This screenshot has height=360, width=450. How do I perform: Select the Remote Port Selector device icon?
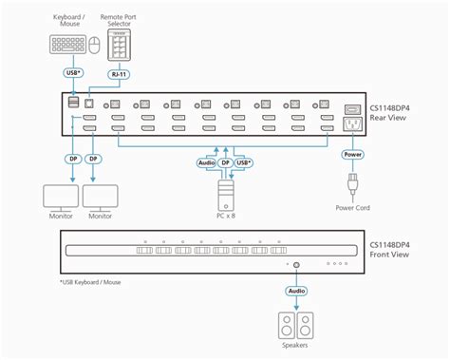pos(119,45)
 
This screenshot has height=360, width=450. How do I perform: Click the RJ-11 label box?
pos(119,73)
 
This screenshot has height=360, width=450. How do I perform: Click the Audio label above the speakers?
pos(296,291)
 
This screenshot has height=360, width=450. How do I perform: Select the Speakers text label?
pos(296,347)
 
